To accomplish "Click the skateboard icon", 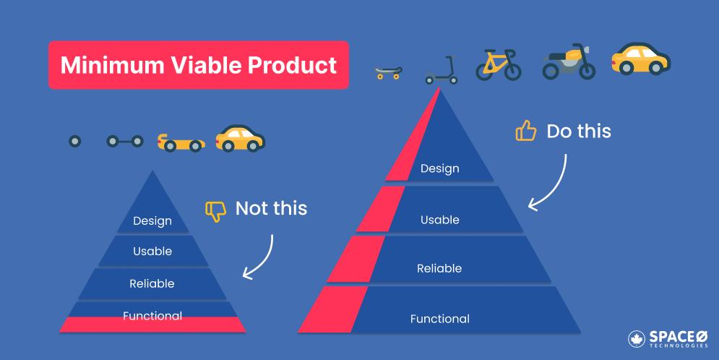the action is pos(389,72).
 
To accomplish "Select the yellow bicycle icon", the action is pos(499,64).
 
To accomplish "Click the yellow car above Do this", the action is pos(640,59).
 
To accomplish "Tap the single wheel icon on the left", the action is pos(74,141).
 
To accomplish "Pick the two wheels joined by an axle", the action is pos(125,141).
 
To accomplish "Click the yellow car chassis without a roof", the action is pos(181,142).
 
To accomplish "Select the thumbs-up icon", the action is pos(525,131).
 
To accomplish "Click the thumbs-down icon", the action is pos(215,211).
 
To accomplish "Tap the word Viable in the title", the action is pos(208,65).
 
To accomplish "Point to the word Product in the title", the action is pos(293,65).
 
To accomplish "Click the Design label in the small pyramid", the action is pos(152,221).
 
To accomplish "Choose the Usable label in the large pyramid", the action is pos(440,220).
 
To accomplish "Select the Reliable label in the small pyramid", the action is pos(152,284).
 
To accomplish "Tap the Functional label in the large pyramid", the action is pos(440,319).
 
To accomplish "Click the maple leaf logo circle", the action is pos(637,339).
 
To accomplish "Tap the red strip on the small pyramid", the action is pos(152,325).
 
